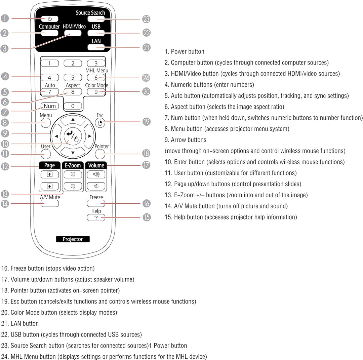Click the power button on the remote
(50, 19)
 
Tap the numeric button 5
(73, 78)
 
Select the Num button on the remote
(50, 106)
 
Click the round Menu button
(46, 123)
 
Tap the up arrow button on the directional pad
(73, 119)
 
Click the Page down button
(50, 186)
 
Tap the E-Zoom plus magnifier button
(73, 174)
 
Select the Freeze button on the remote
(96, 203)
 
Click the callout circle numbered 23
(146, 19)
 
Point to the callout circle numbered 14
(5, 203)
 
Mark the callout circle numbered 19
(146, 122)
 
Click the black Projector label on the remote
(73, 239)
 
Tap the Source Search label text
(90, 13)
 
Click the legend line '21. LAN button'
(25, 323)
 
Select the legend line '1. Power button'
(184, 51)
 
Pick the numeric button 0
(73, 106)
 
